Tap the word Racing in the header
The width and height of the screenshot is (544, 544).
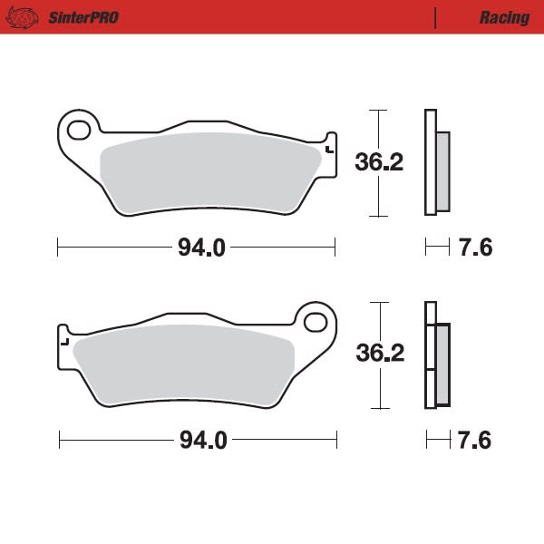(504, 18)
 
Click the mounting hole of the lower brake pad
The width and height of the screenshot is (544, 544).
(316, 322)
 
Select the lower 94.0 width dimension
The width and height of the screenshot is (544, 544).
(201, 441)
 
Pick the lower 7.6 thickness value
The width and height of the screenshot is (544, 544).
(475, 441)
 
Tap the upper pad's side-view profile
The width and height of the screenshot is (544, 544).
(431, 163)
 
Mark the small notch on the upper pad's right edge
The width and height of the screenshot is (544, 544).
(329, 149)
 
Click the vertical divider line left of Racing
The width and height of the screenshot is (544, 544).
(436, 18)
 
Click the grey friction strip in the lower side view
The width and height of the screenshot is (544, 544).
(442, 364)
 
